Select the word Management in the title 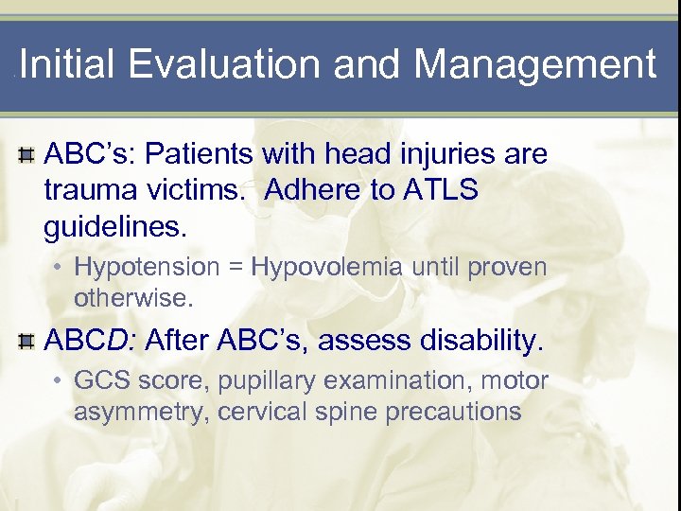(534, 65)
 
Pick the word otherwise (132, 299)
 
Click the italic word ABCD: (93, 341)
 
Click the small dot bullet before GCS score (59, 381)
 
